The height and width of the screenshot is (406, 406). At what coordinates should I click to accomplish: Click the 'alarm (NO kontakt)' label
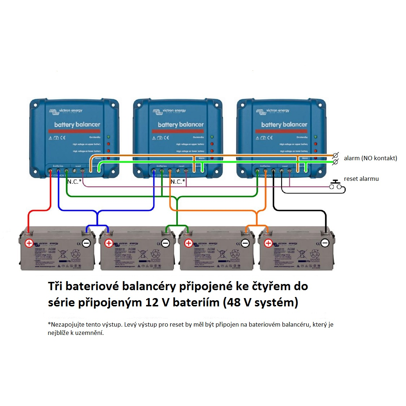[x=370, y=158]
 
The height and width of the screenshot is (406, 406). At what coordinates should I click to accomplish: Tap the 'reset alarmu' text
[x=361, y=179]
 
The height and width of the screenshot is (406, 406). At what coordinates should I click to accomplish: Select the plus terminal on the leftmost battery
[x=29, y=243]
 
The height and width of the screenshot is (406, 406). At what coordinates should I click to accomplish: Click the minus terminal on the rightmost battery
[x=325, y=243]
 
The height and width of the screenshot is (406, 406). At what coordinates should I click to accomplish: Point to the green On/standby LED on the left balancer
[x=108, y=137]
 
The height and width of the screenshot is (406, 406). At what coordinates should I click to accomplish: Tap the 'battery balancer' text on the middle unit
[x=180, y=125]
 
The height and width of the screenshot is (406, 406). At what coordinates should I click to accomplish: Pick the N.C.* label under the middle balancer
[x=178, y=182]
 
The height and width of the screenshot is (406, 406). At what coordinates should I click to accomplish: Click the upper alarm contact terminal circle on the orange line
[x=335, y=156]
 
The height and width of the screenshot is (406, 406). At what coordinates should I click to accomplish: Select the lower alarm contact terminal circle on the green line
[x=335, y=162]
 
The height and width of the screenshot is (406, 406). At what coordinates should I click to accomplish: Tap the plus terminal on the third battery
[x=188, y=243]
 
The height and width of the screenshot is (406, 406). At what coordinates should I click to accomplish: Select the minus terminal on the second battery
[x=166, y=243]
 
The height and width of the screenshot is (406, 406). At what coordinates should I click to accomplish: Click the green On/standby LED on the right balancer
[x=315, y=137]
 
